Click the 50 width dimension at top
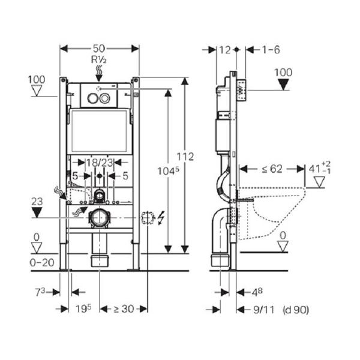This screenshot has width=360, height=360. click(99, 49)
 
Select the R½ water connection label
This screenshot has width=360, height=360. click(99, 59)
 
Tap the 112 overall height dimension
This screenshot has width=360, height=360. click(185, 157)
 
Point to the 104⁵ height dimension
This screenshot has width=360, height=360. click(168, 171)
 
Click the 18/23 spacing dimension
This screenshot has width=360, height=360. click(100, 163)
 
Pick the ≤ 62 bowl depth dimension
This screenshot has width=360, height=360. click(272, 169)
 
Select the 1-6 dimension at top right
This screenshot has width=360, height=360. click(271, 50)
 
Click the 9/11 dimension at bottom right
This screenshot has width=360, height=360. click(264, 310)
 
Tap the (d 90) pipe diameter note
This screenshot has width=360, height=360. click(296, 310)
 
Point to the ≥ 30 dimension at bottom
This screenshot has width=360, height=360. click(124, 309)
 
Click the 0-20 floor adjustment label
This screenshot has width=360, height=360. click(42, 262)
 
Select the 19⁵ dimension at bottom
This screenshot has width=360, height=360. click(83, 308)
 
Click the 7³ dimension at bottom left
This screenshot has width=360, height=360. click(40, 292)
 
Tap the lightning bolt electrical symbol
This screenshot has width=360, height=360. click(161, 218)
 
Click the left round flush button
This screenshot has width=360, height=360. click(92, 98)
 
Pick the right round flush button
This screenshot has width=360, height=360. click(104, 98)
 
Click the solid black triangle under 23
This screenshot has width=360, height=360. click(37, 212)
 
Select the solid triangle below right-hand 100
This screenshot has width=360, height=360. click(283, 84)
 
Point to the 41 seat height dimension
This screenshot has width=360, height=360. click(319, 169)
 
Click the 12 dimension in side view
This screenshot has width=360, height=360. click(225, 50)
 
